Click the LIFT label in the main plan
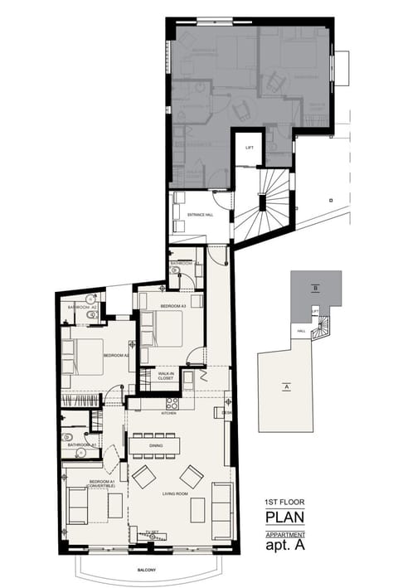[249, 148]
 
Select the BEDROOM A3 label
[172, 306]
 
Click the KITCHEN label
[169, 412]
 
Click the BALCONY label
[148, 570]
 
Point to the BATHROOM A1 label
[83, 445]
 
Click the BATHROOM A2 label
[82, 307]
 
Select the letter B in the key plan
[316, 288]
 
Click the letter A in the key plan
[286, 386]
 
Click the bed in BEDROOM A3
[168, 328]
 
